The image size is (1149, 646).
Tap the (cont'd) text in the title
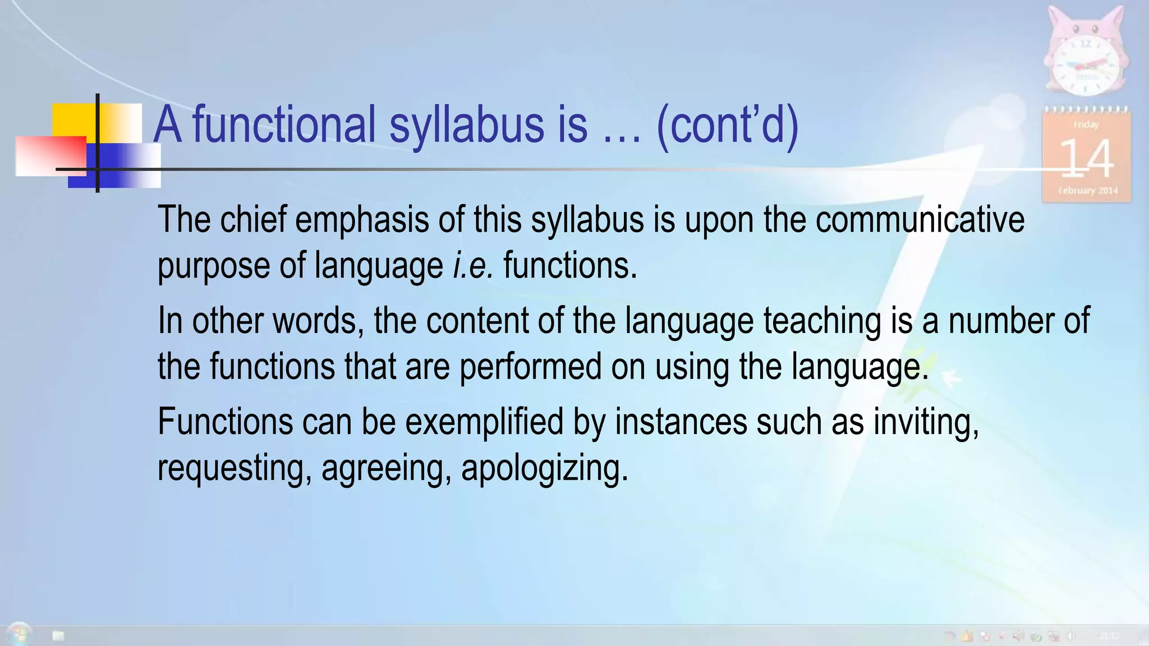[727, 125]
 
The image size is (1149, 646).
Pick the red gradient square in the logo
[50, 156]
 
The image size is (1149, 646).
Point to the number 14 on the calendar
[1086, 159]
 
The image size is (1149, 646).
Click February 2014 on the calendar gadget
[1088, 191]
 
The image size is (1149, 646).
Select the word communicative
[920, 220]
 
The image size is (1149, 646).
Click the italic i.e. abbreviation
[473, 265]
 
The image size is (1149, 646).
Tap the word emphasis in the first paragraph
[362, 220]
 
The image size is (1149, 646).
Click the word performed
[530, 367]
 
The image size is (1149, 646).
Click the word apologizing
[544, 468]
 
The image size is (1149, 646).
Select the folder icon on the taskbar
[58, 635]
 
